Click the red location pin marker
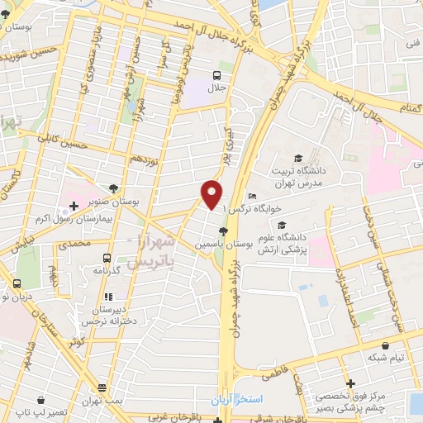coord(212,193)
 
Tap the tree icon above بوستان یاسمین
coord(221,231)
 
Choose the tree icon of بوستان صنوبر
coord(113,188)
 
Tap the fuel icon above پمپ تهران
coord(102,386)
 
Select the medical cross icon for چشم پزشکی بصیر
coord(352,383)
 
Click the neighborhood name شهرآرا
coord(159,242)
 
